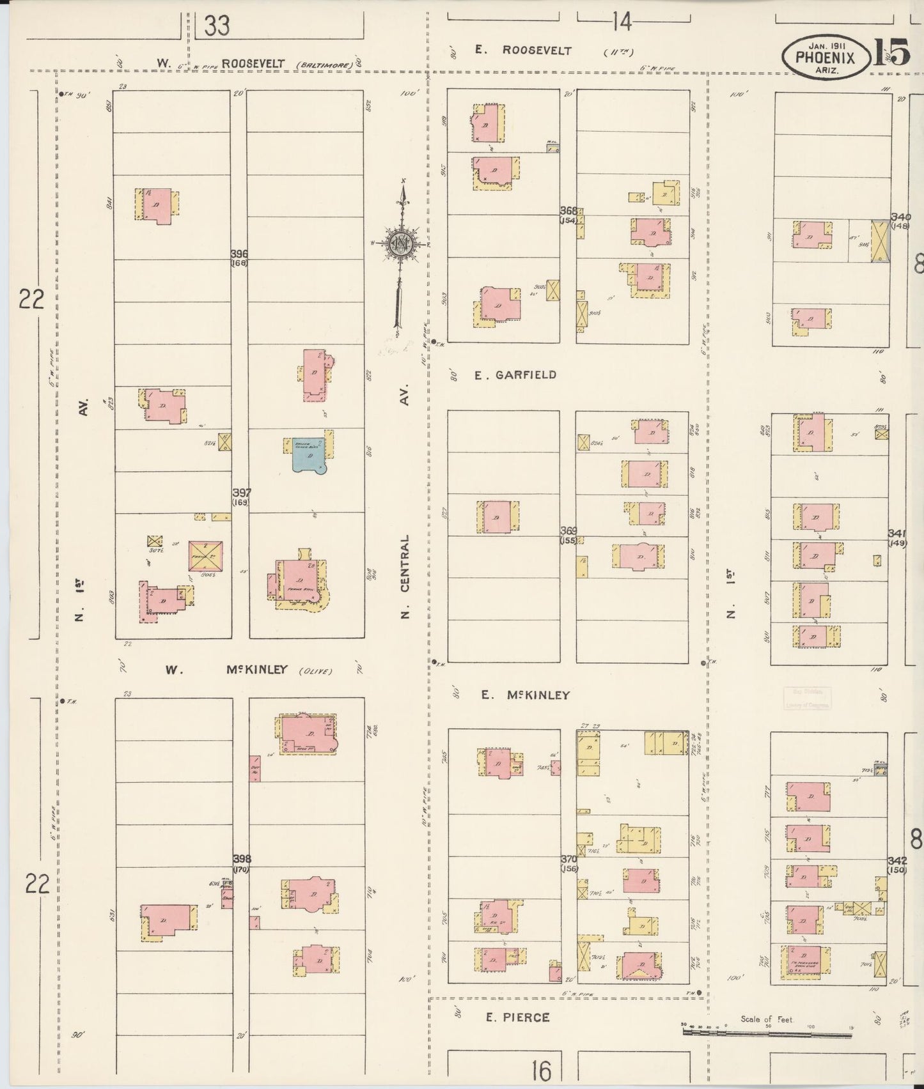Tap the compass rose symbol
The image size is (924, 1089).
pos(401,242)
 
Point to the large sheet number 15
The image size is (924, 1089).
pos(891,52)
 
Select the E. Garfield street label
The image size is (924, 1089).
pos(515,375)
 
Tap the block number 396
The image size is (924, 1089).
pos(239,254)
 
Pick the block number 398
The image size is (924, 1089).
pos(241,858)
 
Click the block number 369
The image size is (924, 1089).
pos(568,531)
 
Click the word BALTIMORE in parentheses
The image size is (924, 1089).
pos(320,65)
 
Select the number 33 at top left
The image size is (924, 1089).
pos(217,26)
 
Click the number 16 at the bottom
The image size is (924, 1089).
pos(541,1069)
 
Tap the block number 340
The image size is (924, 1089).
pos(900,217)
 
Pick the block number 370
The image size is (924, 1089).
pos(568,858)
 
